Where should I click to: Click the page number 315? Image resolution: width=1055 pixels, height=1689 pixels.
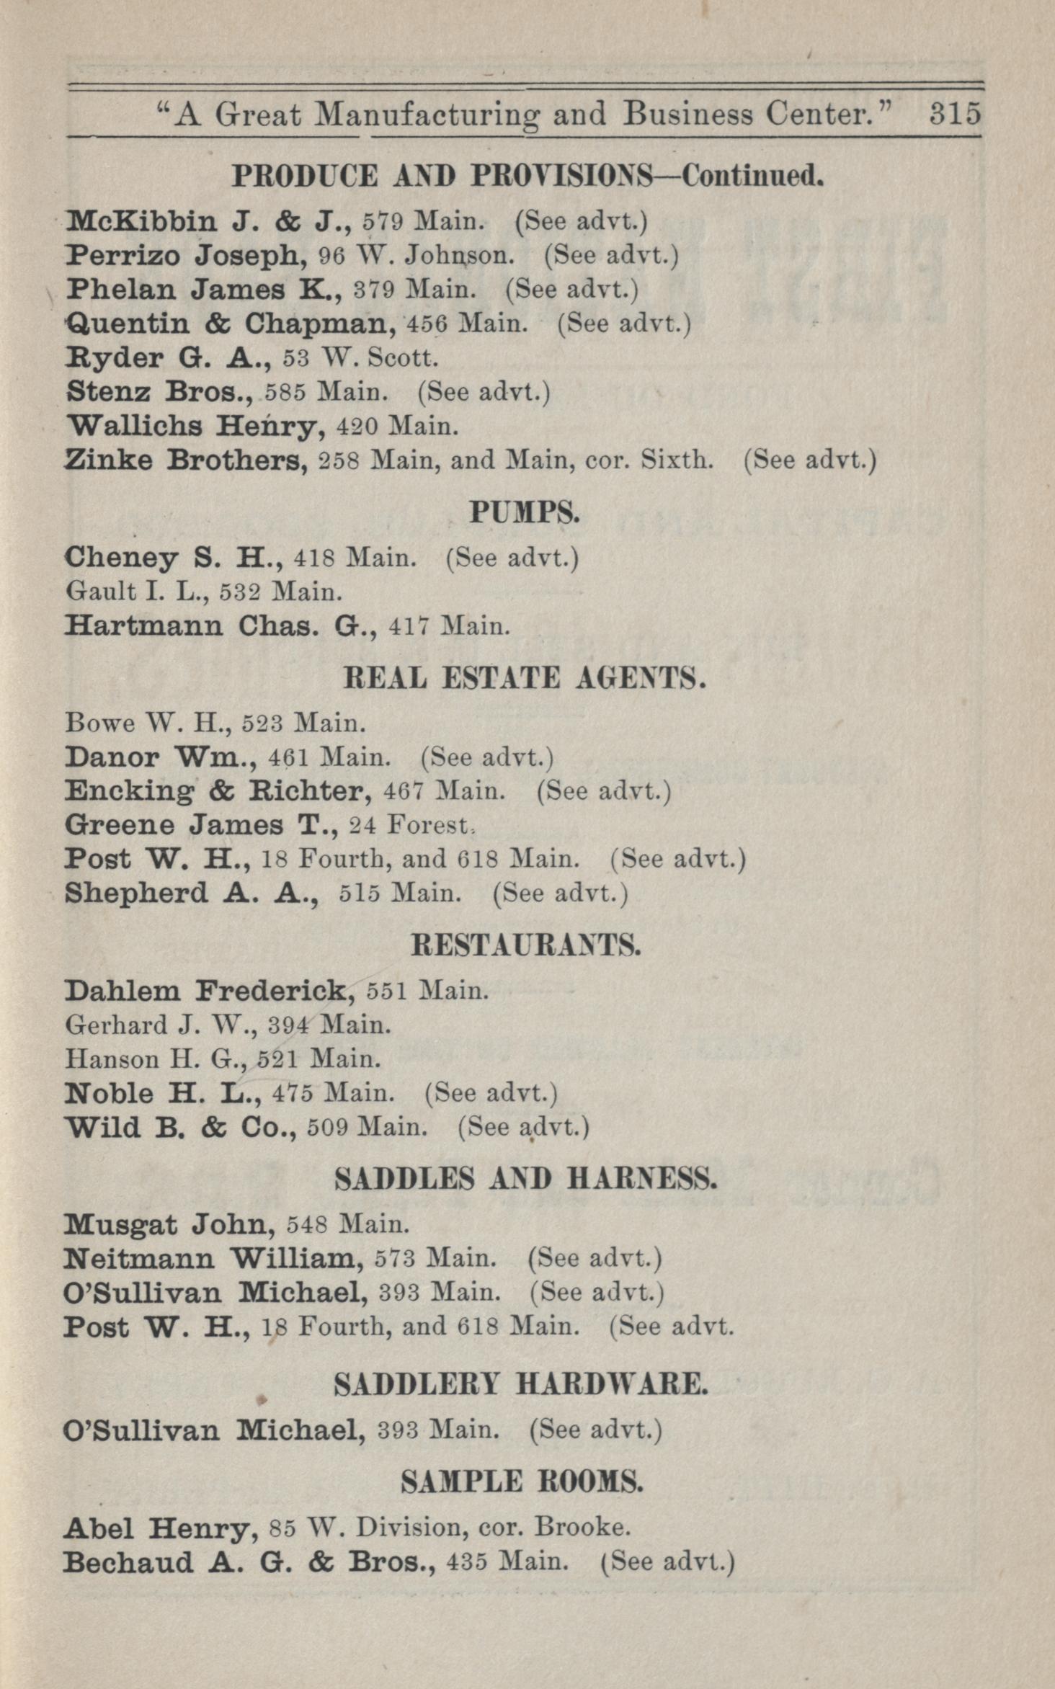[955, 114]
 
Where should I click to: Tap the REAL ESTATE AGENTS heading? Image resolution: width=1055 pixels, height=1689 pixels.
[524, 678]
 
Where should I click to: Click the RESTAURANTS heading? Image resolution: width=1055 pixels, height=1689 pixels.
[525, 945]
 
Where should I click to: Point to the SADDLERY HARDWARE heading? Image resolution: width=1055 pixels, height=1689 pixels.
[521, 1383]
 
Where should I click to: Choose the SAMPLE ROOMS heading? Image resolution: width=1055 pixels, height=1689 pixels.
[522, 1482]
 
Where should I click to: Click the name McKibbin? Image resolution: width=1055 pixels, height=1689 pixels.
[141, 220]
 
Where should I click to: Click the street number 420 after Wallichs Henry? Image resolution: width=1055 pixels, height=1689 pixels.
[357, 427]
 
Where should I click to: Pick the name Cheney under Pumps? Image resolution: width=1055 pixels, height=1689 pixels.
[121, 558]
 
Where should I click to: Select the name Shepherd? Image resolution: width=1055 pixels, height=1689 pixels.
[135, 893]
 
